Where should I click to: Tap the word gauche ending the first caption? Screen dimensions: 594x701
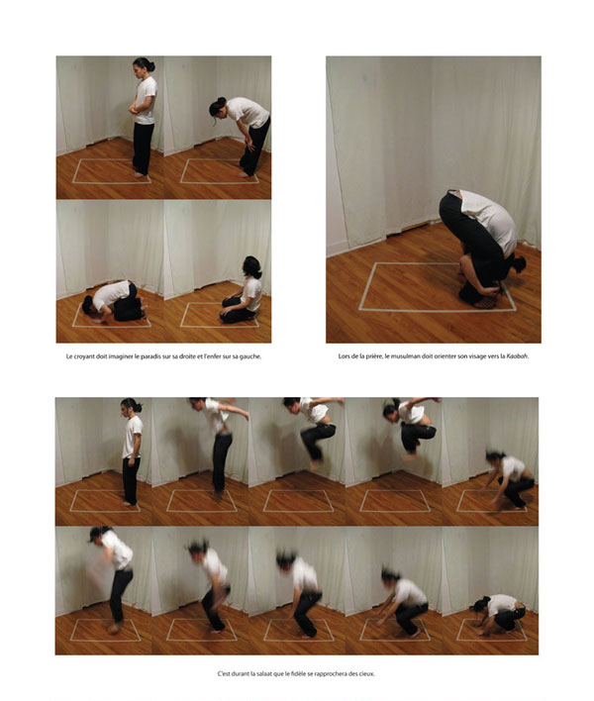[250, 357]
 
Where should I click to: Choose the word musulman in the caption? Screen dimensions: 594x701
[404, 356]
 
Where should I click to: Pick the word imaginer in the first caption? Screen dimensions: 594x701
[121, 356]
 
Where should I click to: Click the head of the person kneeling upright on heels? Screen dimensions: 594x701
[251, 267]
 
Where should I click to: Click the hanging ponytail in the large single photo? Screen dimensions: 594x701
[519, 264]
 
